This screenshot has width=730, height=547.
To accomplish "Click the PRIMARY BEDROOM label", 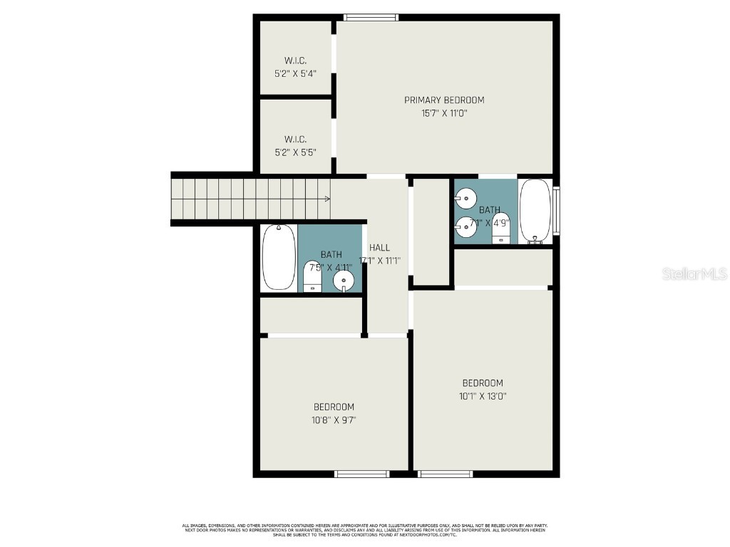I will [x=444, y=100].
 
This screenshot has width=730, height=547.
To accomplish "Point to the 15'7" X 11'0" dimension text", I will [x=444, y=113].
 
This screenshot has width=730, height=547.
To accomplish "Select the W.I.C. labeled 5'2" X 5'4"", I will [x=295, y=67].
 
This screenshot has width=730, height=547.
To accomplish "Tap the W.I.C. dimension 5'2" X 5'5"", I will [x=295, y=152].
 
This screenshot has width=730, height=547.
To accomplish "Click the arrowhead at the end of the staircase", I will [x=327, y=199].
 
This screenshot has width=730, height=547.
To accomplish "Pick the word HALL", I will [x=379, y=247].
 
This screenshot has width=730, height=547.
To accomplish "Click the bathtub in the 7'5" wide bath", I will [x=279, y=257].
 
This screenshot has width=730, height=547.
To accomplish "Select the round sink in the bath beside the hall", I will [x=344, y=280].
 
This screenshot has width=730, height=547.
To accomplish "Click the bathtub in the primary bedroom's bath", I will [x=535, y=211].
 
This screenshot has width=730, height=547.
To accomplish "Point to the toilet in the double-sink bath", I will [x=501, y=227].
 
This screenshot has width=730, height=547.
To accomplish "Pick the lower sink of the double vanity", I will [x=466, y=226].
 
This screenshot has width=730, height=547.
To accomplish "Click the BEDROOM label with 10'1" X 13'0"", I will [x=482, y=383].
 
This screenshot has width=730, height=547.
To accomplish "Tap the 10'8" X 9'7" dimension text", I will [x=334, y=420].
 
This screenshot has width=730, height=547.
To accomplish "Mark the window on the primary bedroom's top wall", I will [x=371, y=17].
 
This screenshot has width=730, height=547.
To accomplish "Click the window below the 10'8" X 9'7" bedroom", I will [x=362, y=474].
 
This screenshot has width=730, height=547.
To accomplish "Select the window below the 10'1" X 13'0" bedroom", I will [x=446, y=474].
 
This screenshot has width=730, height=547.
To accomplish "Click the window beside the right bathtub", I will [x=556, y=210].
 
